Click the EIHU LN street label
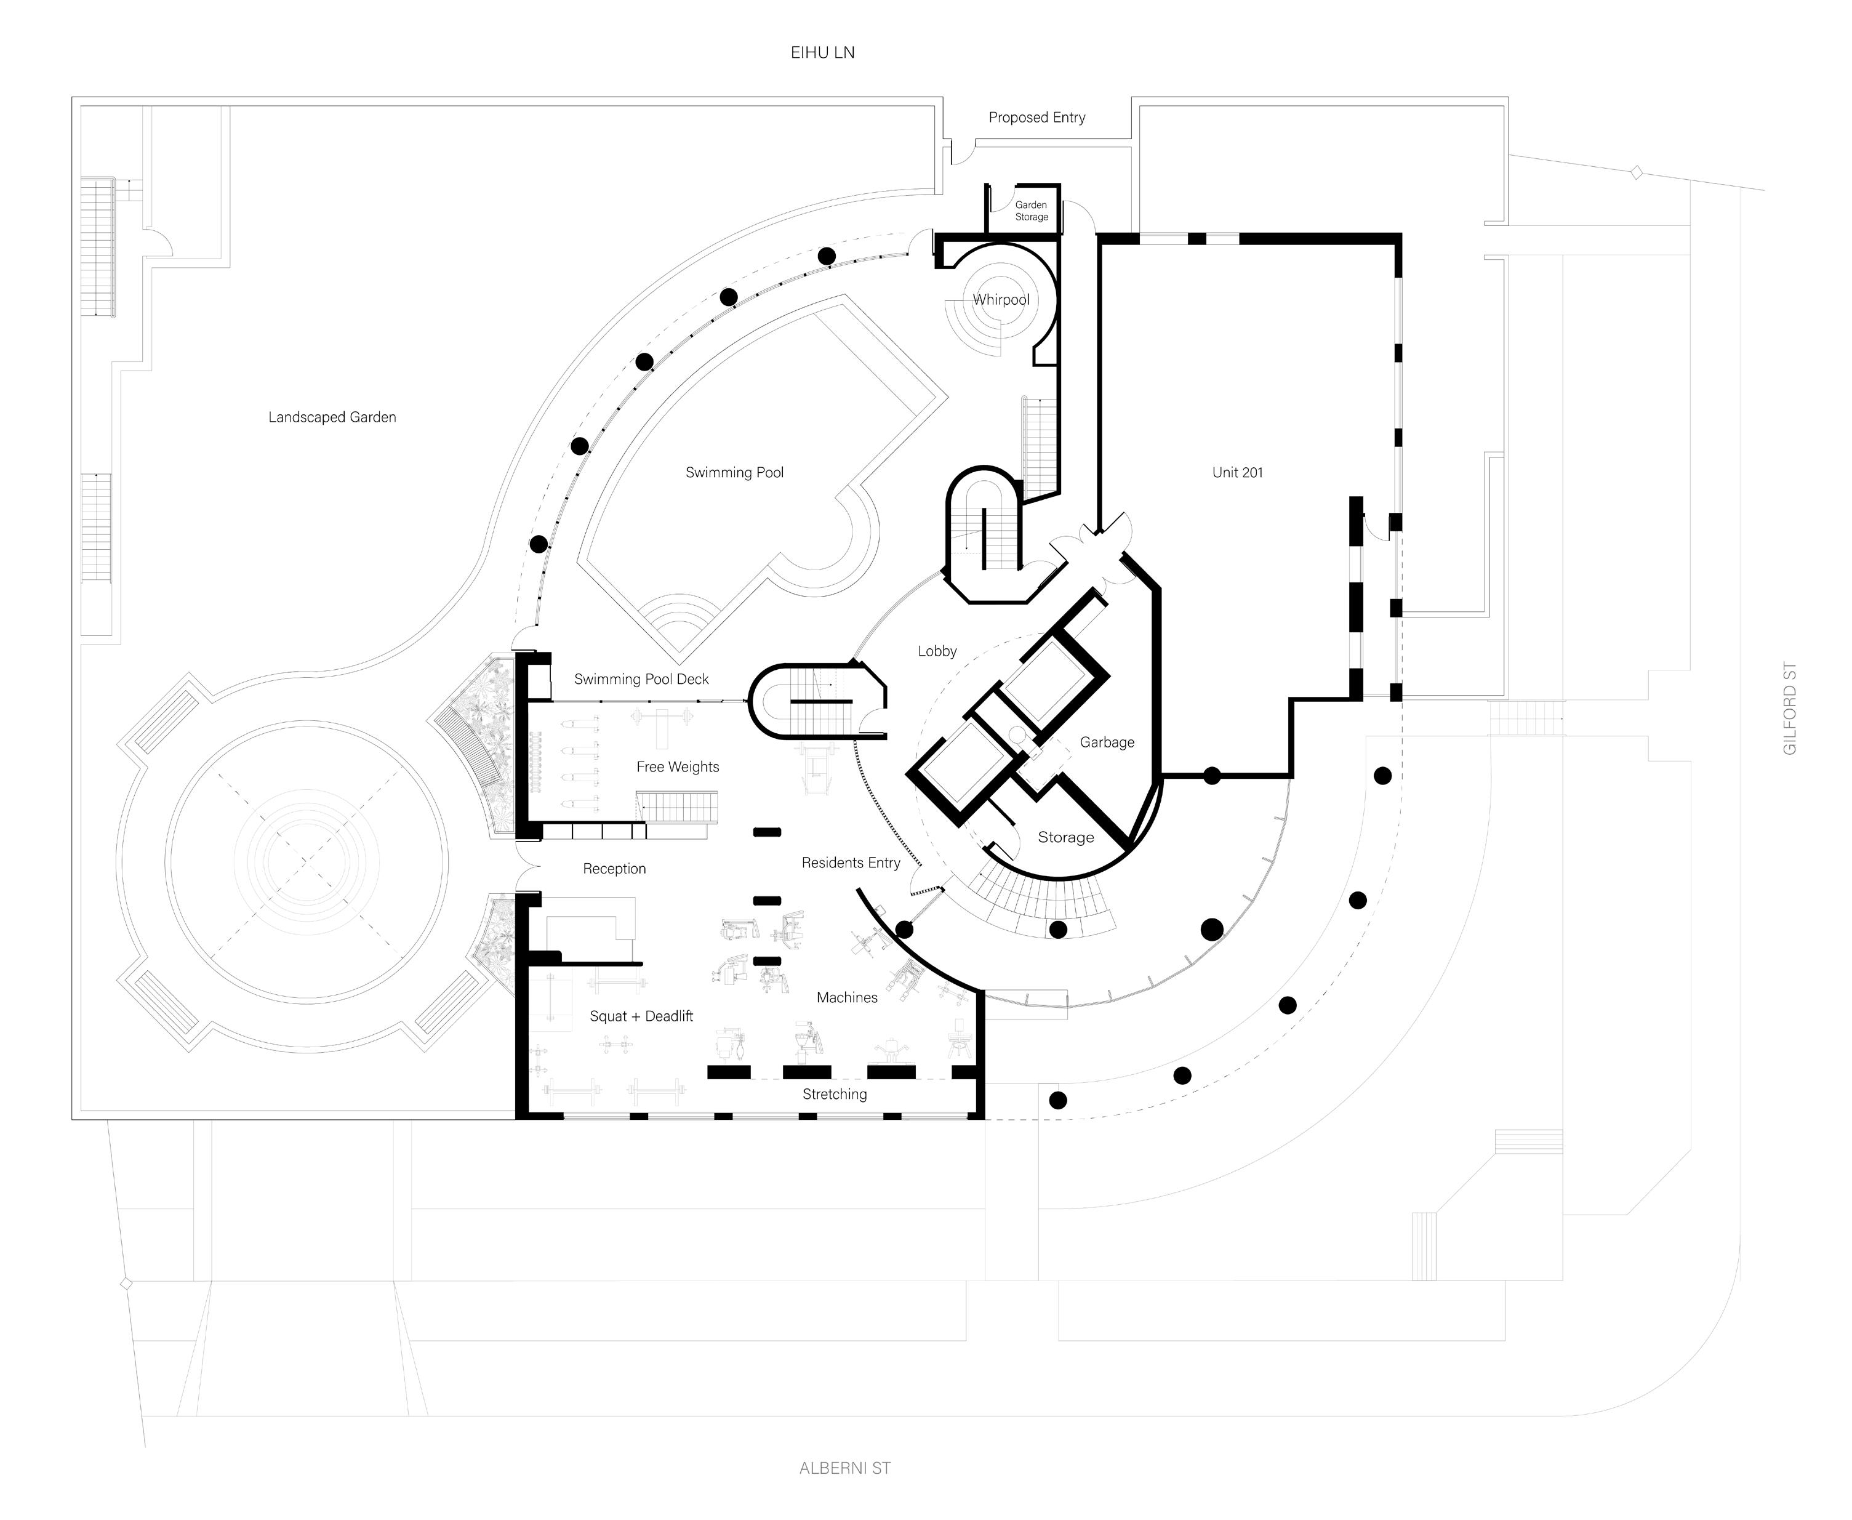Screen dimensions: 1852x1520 [822, 52]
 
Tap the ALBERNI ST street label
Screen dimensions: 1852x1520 [844, 1468]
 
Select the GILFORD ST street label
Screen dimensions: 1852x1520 [1790, 709]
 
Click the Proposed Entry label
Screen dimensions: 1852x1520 [1036, 118]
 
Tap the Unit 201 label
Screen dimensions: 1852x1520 [1237, 473]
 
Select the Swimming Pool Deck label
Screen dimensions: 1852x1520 [641, 680]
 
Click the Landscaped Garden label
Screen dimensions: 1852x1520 [332, 417]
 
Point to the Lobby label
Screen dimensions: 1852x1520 [937, 651]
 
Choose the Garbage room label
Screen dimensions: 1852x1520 [1106, 742]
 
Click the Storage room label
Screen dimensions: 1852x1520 [1065, 838]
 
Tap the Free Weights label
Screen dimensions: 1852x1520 [678, 767]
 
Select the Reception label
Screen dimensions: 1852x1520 [614, 869]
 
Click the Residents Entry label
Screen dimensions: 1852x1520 [851, 863]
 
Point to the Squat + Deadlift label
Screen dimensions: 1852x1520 [641, 1016]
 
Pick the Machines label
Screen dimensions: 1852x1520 [846, 998]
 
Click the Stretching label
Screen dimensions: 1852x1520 [834, 1095]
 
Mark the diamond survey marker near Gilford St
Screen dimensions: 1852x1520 [1635, 174]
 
